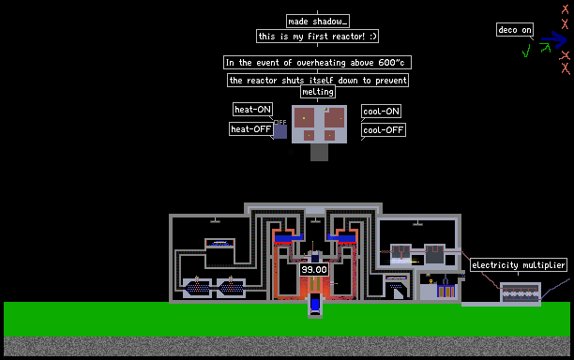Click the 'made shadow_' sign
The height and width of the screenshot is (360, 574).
318,22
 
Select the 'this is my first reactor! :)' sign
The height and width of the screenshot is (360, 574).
317,37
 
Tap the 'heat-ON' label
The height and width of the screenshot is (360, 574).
252,109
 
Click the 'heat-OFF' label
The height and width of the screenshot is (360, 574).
251,128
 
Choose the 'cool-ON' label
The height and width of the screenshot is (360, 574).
381,112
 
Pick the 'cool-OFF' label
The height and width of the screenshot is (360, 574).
384,130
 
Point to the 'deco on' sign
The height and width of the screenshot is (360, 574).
515,30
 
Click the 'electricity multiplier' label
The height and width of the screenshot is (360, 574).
519,265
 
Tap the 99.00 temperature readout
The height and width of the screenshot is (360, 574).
314,270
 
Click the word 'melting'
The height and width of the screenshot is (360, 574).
318,92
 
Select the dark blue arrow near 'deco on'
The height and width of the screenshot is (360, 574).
554,39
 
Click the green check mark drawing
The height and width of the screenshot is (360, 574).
526,51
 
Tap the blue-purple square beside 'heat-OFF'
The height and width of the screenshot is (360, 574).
280,131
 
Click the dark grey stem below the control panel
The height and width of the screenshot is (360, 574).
319,152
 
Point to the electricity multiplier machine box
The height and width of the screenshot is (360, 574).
521,292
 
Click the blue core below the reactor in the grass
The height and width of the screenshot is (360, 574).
315,305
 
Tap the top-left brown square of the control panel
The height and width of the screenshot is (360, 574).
305,118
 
